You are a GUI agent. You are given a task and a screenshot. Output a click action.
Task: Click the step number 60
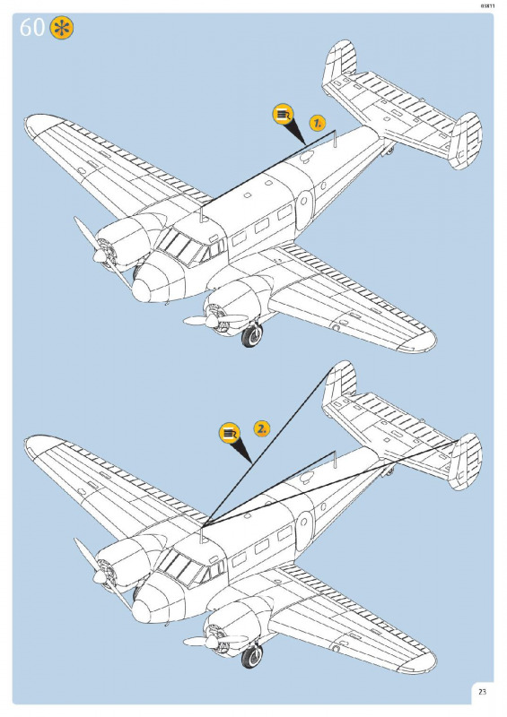[x=31, y=28]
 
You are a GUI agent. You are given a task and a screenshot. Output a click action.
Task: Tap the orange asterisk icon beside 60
[x=62, y=28]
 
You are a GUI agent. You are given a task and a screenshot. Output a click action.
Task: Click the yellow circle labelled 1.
[x=317, y=123]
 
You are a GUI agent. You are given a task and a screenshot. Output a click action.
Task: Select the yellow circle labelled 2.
[x=261, y=429]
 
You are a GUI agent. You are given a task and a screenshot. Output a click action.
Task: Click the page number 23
[x=482, y=692]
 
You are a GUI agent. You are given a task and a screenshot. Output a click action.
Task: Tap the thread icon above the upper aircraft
[x=283, y=115]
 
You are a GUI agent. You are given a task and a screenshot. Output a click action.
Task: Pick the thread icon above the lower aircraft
[x=230, y=433]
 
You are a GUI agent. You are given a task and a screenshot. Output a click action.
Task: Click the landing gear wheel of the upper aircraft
[x=252, y=334]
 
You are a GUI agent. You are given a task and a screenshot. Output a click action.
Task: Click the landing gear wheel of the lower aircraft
[x=252, y=656]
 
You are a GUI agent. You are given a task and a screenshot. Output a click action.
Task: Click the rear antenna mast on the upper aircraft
[x=335, y=139]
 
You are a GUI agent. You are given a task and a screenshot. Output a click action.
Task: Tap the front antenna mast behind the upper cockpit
[x=202, y=214]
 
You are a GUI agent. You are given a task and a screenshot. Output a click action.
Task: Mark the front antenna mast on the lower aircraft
[x=202, y=535]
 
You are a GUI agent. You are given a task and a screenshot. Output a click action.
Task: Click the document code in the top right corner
[x=487, y=6]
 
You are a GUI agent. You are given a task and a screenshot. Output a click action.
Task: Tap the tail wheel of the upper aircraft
[x=389, y=149]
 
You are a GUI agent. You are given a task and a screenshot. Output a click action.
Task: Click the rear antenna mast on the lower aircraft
[x=335, y=460]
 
